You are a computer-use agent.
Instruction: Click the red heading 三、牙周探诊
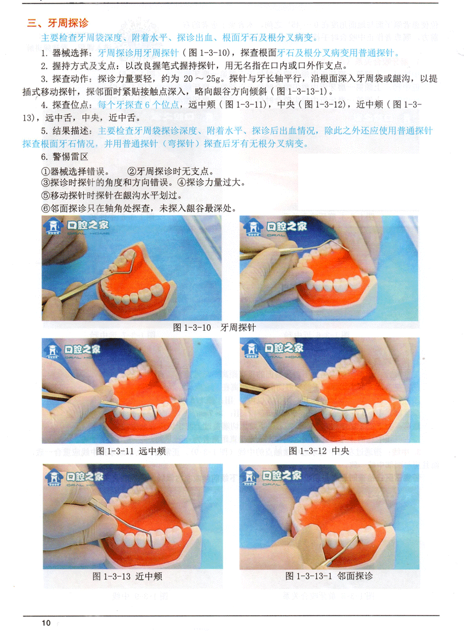coord(58,23)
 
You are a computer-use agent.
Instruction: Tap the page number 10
coord(46,623)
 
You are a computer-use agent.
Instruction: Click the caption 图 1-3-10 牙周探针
coord(214,327)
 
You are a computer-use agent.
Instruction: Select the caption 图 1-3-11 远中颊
coord(131,451)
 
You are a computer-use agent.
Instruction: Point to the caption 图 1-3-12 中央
coord(319,451)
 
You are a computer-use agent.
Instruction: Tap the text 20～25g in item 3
coord(202,79)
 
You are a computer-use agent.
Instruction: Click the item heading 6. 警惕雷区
coord(65,157)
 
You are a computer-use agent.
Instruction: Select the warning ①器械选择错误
coord(75,171)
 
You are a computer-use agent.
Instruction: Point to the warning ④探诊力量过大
coord(211,183)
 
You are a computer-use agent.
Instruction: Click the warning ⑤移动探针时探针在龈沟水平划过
coord(112,195)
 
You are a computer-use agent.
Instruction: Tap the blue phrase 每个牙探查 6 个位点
coord(138,104)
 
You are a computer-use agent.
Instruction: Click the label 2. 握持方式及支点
coord(79,66)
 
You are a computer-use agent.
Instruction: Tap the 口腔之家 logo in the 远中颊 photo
coord(73,352)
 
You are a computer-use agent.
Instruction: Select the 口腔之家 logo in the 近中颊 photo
coord(74,478)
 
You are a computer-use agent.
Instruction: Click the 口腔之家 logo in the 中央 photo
coord(272,351)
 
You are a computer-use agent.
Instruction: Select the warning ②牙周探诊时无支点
coord(171,171)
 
